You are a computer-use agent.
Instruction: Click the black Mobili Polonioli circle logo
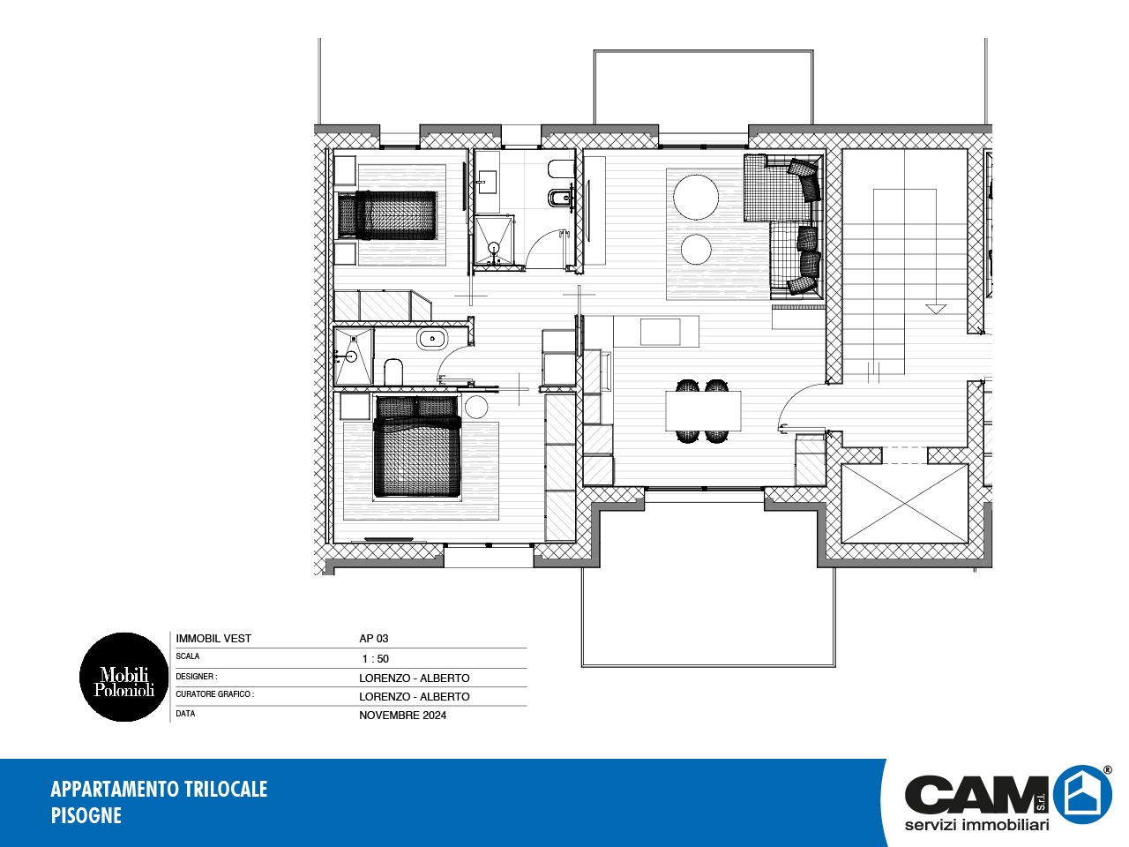coord(124,677)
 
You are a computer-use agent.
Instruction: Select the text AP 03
coord(373,639)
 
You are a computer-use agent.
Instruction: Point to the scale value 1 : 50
coord(376,659)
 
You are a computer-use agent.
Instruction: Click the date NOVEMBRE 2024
coord(403,716)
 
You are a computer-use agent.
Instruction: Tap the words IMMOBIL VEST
coord(213,639)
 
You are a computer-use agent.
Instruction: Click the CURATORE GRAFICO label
coord(215,694)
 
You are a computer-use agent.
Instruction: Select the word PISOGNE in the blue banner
coord(86,815)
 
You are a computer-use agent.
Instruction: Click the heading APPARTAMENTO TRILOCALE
coord(159,789)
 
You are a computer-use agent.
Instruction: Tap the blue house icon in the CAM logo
coord(1082,795)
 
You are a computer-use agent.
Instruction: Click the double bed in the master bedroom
coord(416,446)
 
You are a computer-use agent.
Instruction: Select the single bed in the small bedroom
coord(387,215)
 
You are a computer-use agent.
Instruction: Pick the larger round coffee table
coord(696,198)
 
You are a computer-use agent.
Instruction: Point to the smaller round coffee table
coord(696,250)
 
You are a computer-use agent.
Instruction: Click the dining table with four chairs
coord(703,410)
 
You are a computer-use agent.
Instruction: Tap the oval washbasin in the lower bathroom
coord(432,340)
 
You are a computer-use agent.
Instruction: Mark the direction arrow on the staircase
coord(936,309)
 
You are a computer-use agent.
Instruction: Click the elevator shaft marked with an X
coord(905,504)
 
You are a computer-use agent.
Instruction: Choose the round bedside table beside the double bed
coord(475,407)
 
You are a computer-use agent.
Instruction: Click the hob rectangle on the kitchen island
coord(661,333)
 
